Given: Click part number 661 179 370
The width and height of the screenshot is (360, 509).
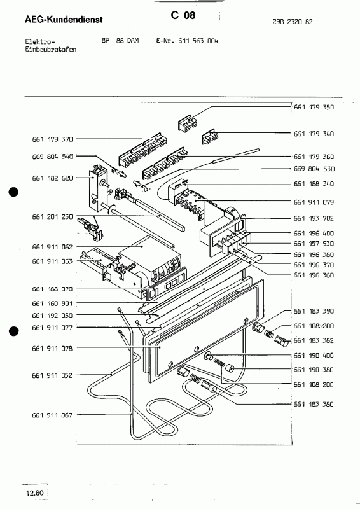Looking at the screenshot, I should (52, 138).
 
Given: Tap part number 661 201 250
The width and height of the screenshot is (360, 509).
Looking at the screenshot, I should (52, 217).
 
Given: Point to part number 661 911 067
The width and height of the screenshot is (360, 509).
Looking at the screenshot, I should (52, 415).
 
